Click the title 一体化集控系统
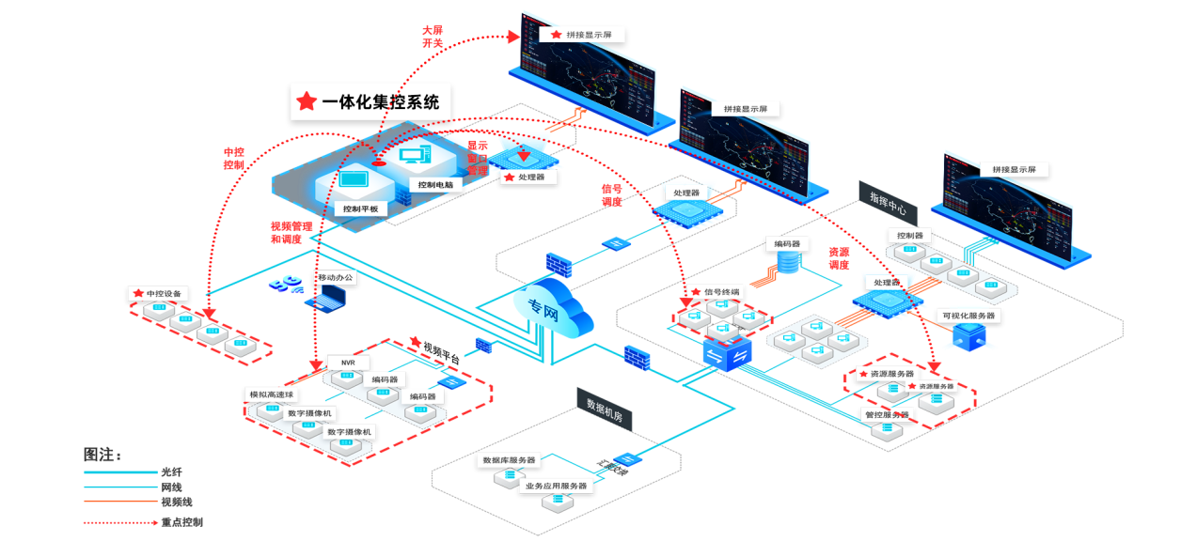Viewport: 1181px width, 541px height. [x=381, y=102]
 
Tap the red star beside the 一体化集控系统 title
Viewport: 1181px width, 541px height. [x=307, y=102]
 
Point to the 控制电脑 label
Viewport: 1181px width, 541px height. [x=435, y=185]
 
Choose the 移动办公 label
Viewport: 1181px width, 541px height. [x=336, y=278]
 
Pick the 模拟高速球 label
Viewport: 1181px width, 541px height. [x=271, y=394]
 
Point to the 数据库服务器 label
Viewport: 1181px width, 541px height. [x=509, y=460]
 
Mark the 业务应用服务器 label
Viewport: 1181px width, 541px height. [x=556, y=486]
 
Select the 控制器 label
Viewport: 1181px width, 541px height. [x=909, y=235]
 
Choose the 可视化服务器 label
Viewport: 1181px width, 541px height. [x=968, y=316]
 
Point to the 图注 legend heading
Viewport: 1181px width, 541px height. [x=102, y=455]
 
